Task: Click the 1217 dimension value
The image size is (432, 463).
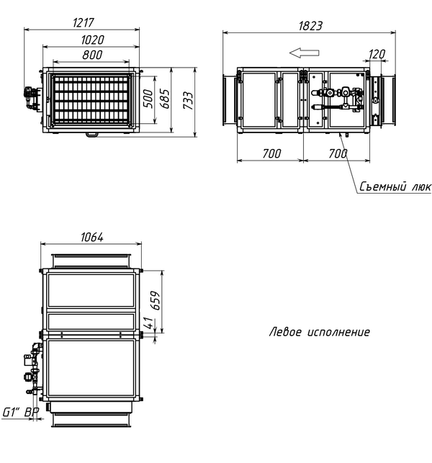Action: coord(84,23)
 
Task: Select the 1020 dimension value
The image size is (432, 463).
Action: coord(92,40)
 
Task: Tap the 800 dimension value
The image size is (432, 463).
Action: coord(92,55)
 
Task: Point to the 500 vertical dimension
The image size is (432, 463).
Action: coord(148,99)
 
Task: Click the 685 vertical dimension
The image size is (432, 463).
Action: coord(166,99)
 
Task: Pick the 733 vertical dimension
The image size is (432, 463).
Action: coord(188,100)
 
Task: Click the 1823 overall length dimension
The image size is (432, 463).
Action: coord(310,26)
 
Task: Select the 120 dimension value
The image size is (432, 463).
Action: coord(377,54)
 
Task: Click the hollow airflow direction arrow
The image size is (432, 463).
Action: coord(304,53)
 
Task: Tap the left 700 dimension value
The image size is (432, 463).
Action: coord(271,153)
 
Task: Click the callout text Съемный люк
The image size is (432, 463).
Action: coord(395,186)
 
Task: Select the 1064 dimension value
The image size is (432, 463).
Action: coord(92,237)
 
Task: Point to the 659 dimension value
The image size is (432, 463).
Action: coord(155,300)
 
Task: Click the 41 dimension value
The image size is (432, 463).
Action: coord(149,323)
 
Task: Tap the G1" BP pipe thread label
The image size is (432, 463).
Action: coord(21,412)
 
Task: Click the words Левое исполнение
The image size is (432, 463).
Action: coord(320,332)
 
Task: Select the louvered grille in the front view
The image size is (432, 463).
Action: coord(91,100)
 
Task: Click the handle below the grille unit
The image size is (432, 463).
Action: coord(91,135)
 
